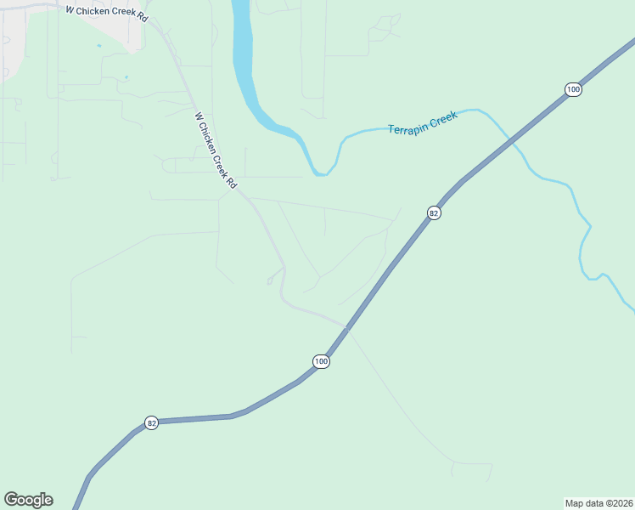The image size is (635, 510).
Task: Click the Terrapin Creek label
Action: click(423, 122)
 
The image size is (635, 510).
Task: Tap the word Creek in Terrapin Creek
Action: click(443, 117)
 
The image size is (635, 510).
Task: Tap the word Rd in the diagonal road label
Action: click(232, 182)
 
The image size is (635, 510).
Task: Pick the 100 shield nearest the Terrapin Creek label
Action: click(574, 89)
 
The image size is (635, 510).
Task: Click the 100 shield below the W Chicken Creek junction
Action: click(320, 361)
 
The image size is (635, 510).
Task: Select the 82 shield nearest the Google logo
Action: click(151, 422)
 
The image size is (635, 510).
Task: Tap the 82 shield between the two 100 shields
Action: click(434, 213)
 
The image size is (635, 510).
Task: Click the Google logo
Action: click(28, 500)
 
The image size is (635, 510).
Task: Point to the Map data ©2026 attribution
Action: click(598, 502)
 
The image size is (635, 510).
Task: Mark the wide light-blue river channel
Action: click(244, 59)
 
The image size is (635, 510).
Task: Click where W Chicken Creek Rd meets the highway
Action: click(346, 326)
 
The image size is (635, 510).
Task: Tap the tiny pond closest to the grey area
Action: click(99, 45)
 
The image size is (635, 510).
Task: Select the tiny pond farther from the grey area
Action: click(126, 77)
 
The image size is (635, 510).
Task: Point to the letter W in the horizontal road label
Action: click(70, 9)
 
